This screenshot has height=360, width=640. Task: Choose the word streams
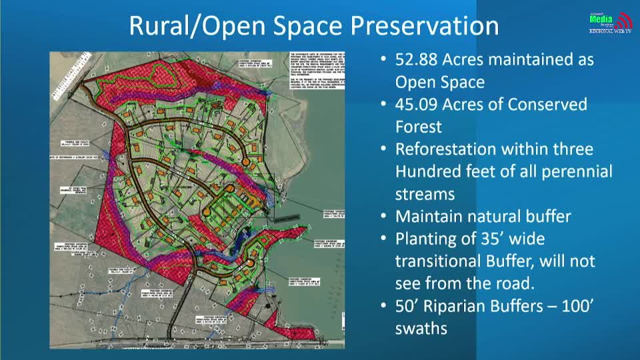tap(425, 194)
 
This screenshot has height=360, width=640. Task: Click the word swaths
tap(421, 329)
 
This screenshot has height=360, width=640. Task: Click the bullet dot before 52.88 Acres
tap(383, 59)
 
